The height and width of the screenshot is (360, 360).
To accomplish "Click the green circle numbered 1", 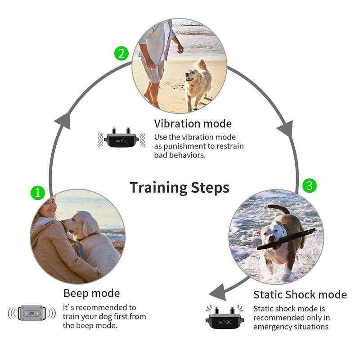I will pyautogui.click(x=38, y=193).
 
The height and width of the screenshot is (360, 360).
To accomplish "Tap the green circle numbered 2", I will pyautogui.click(x=121, y=54).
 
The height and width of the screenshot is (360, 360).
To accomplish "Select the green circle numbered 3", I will pyautogui.click(x=308, y=184).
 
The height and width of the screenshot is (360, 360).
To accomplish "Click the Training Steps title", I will pyautogui.click(x=179, y=187).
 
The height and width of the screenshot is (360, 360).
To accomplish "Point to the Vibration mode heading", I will pyautogui.click(x=193, y=124).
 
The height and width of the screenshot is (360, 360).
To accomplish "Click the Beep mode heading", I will pyautogui.click(x=91, y=293).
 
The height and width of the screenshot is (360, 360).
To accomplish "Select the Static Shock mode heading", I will pyautogui.click(x=300, y=295).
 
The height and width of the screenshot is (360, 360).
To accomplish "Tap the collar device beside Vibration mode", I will pyautogui.click(x=119, y=138).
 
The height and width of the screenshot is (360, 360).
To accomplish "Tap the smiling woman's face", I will pyautogui.click(x=49, y=209).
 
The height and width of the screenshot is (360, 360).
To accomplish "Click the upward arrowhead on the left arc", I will pyautogui.click(x=62, y=120).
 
